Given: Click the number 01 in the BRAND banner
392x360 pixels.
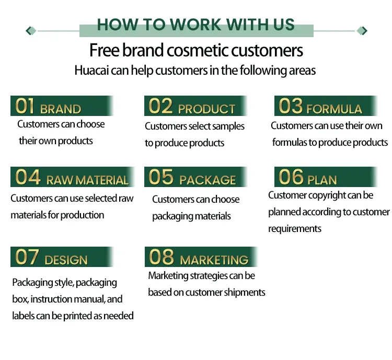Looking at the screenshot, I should pos(25,106).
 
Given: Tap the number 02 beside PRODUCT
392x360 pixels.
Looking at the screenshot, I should pos(160,106).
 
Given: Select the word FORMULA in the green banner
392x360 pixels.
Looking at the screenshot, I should pos(334,109).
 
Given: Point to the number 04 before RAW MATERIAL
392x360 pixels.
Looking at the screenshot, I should pos(28,178).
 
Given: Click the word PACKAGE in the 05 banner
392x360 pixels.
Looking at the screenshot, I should pos(207,180).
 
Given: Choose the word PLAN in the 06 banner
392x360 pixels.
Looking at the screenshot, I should pos(322,180).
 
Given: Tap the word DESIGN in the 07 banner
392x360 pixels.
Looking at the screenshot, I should pos(66,260).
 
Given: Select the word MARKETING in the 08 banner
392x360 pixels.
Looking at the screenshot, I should pos(214,260).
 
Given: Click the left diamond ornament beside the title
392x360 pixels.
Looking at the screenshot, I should pos(31,31).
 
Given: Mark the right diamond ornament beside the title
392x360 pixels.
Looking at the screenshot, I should pos(362,31).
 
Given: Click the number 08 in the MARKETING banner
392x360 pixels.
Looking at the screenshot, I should pos(161,257).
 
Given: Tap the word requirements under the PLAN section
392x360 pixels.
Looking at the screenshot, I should pos(294,229).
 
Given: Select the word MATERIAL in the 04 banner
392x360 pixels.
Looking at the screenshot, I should pos(102,180).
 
